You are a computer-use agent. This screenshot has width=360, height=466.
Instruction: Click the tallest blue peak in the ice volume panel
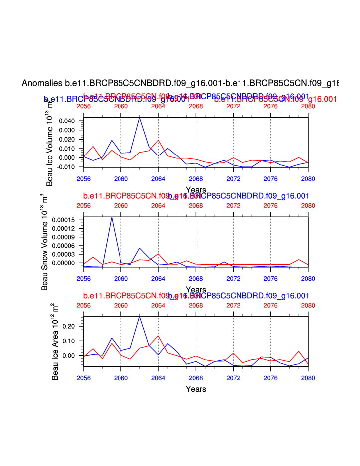(x=140, y=118)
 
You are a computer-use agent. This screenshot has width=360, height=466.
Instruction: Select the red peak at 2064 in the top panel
(x=158, y=140)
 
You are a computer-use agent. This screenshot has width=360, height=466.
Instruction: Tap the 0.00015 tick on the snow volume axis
(x=65, y=220)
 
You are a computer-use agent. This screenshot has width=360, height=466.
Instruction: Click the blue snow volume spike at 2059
(x=112, y=217)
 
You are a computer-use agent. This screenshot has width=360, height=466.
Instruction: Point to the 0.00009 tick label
(x=65, y=237)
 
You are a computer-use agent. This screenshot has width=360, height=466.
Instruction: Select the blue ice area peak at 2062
(x=140, y=316)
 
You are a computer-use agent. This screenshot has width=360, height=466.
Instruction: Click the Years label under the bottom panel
(x=196, y=389)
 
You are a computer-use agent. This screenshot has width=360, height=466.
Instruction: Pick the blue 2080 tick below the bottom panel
(x=308, y=377)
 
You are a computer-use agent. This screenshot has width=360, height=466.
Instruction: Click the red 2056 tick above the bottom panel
(x=84, y=305)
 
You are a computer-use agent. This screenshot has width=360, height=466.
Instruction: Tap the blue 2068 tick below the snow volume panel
(x=196, y=278)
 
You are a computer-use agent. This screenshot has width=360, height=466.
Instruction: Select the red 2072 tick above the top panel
(x=233, y=106)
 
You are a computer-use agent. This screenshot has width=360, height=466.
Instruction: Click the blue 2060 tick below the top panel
(x=121, y=178)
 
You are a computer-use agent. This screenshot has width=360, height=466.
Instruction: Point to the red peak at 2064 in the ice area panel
(x=158, y=336)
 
